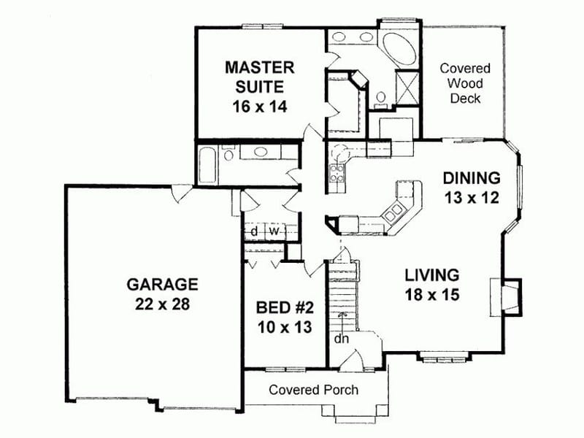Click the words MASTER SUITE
[259, 77]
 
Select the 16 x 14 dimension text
[259, 105]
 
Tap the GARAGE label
[162, 283]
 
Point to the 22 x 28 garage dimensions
[162, 304]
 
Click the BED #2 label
[285, 307]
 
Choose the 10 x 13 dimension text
[285, 327]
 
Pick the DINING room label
[471, 177]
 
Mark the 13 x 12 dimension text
[471, 197]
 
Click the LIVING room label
[431, 275]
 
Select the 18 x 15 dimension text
[431, 296]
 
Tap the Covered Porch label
[313, 390]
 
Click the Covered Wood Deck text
[465, 83]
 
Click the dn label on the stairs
[342, 339]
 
